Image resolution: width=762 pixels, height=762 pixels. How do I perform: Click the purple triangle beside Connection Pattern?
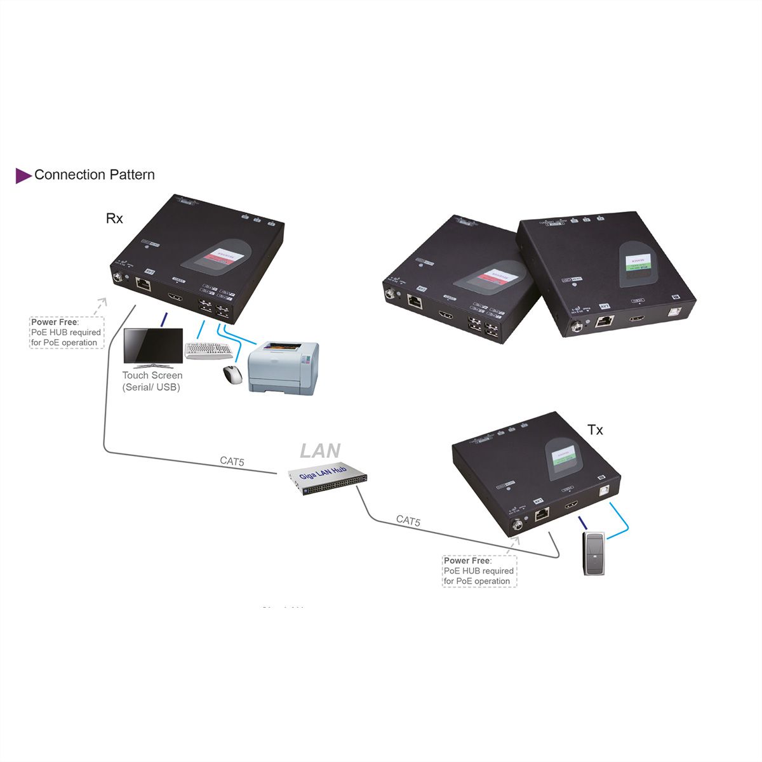coord(23,175)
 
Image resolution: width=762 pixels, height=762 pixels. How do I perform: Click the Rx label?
coord(114,218)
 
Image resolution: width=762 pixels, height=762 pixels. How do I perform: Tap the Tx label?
coord(595,430)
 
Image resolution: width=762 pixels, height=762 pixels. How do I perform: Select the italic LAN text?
coord(320,451)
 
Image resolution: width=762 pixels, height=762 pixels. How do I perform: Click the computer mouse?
coord(232,375)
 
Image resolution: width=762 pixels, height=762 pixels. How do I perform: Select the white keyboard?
coord(209,351)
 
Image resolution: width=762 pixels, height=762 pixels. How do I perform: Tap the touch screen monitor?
coord(152,347)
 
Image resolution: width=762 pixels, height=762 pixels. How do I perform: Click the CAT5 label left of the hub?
coord(232,462)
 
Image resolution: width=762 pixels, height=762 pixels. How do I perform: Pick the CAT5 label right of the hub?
coord(408,521)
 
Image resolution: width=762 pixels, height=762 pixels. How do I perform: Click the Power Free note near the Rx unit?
coord(65,332)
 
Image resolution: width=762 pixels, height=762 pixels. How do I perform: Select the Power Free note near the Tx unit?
coord(479,571)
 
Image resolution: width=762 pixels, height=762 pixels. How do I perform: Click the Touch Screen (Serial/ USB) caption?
coord(152,381)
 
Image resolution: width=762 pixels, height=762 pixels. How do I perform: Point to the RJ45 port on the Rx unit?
coord(144,284)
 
